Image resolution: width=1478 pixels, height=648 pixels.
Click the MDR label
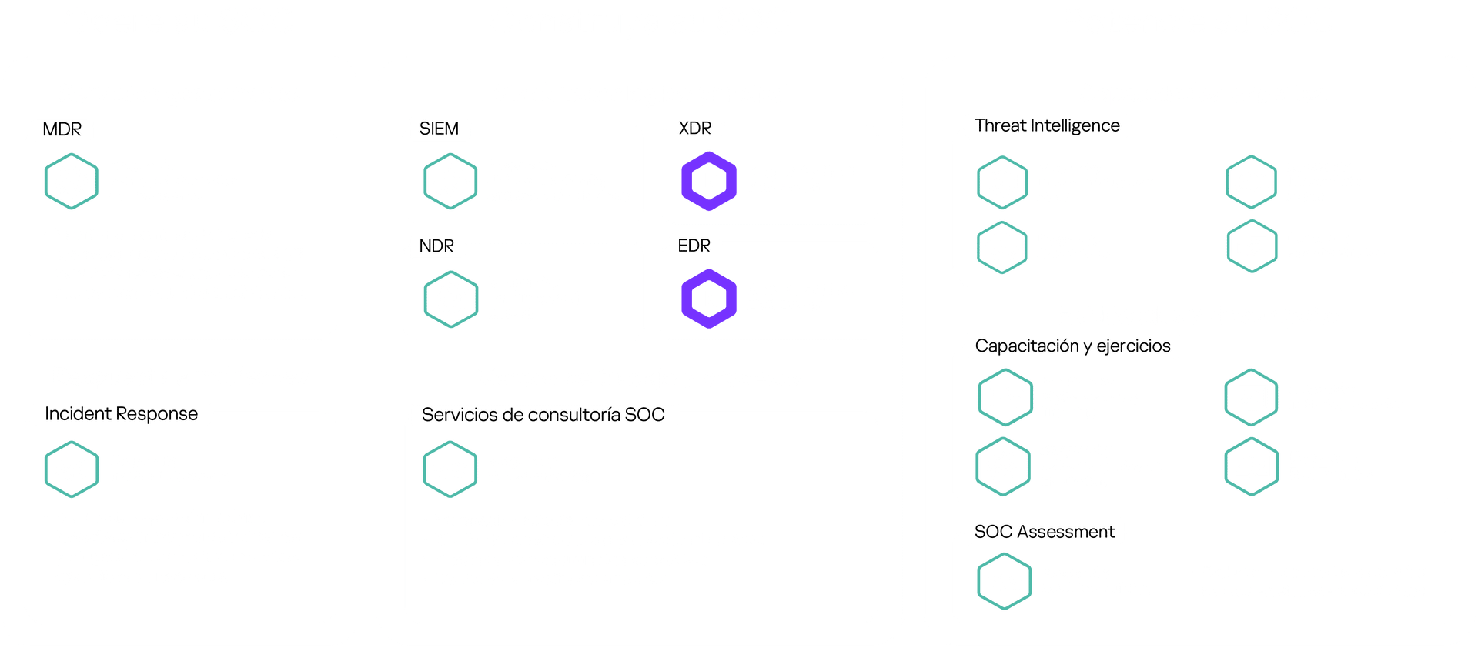click(62, 129)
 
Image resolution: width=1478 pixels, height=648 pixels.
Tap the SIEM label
click(439, 129)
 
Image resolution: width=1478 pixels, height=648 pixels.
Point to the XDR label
click(695, 129)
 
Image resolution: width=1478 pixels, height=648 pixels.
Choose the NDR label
click(436, 246)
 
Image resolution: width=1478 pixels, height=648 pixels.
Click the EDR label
click(694, 246)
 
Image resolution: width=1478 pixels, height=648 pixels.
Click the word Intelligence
click(1075, 126)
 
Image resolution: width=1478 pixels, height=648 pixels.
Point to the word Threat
click(1000, 125)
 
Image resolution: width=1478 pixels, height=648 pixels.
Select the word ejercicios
click(1133, 346)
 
